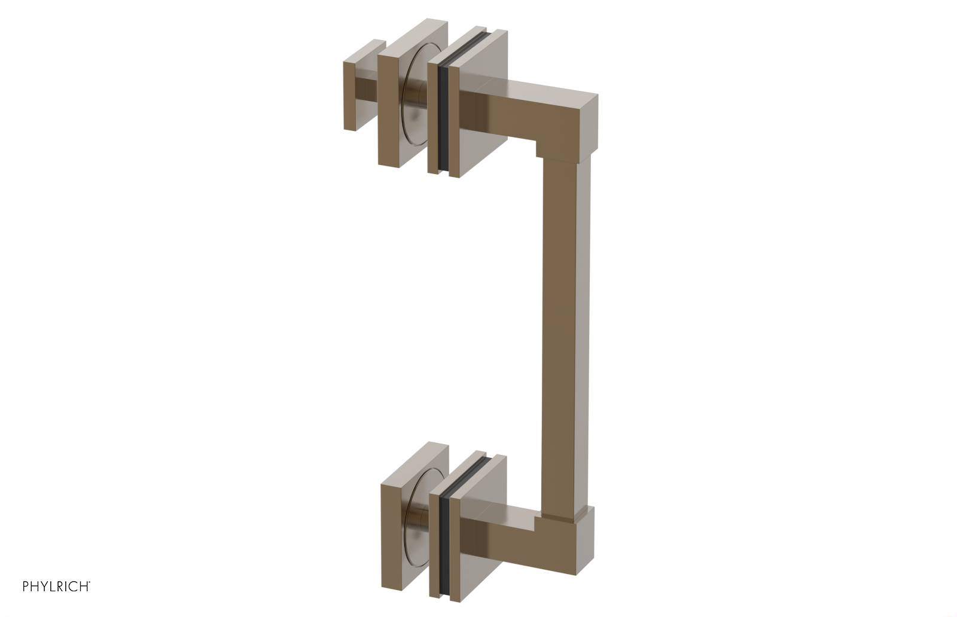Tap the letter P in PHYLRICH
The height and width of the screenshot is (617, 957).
click(26, 587)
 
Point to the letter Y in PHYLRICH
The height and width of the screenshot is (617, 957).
click(44, 587)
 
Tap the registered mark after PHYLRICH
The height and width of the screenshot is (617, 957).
click(90, 582)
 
